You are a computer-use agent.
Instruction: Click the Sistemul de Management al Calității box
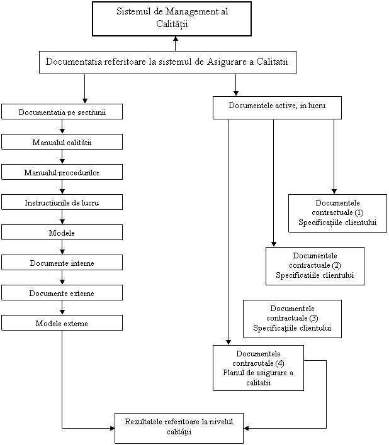pos(171,18)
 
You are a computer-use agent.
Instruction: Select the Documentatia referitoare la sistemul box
pos(167,62)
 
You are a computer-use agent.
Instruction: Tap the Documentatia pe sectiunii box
pos(62,112)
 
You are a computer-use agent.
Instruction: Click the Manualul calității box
pos(62,142)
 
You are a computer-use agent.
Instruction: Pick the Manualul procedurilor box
pos(62,172)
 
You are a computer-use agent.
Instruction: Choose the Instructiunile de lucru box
pos(62,202)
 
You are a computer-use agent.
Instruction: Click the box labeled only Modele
pos(62,233)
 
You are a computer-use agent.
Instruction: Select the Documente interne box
pos(62,263)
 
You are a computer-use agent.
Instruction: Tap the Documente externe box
pos(62,293)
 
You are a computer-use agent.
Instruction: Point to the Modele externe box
pos(62,323)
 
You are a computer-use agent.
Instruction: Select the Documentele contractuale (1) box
pos(337,213)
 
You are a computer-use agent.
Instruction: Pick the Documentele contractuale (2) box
pos(315,266)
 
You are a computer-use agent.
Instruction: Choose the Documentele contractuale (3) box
pos(292,318)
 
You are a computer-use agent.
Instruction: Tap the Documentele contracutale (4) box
pos(258,368)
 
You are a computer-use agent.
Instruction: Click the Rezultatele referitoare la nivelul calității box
pos(179,427)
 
